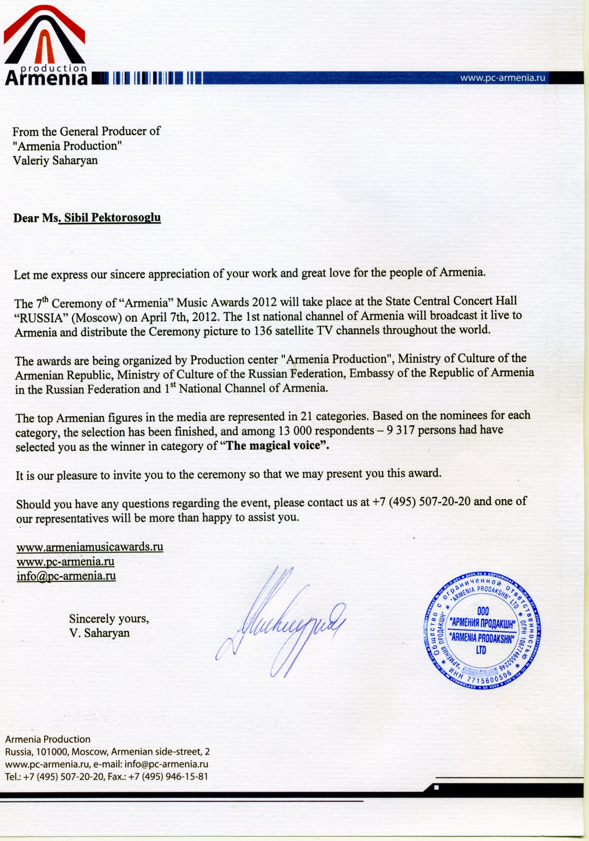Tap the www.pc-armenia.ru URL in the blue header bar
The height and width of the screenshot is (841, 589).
[503, 78]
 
